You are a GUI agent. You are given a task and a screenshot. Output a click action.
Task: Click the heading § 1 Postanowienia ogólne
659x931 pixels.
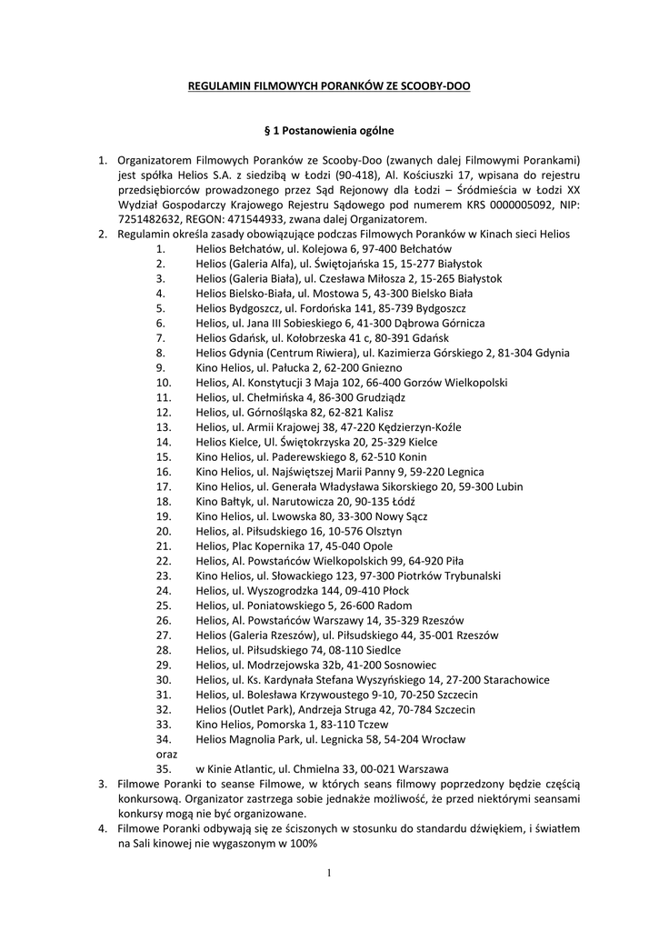coord(329,130)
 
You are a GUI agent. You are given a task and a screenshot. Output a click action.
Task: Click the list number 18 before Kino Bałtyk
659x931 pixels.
coord(164,501)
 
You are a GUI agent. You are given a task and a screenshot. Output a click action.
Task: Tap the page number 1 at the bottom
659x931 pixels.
coord(329,874)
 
